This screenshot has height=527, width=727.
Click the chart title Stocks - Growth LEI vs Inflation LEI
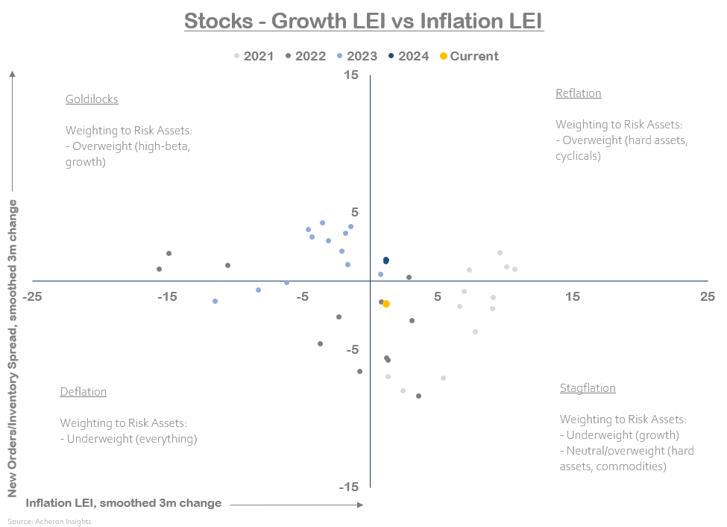[x=364, y=20]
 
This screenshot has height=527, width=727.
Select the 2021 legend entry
[x=254, y=56]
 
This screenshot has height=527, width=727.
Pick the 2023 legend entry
[x=357, y=56]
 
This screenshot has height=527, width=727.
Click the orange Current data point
[x=386, y=304]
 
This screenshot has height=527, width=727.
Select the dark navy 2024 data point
[x=386, y=261]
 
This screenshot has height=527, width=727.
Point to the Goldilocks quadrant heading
[x=92, y=99]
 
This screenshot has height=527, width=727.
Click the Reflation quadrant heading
[x=578, y=93]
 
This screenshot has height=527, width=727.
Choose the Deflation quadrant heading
[x=83, y=392]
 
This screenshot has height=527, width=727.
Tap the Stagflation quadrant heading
[x=588, y=388]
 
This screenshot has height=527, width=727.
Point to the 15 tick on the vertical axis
[x=351, y=75]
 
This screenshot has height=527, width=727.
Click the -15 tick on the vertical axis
[x=348, y=487]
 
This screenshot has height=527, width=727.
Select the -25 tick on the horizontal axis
[x=32, y=296]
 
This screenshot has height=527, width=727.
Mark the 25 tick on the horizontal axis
[x=708, y=296]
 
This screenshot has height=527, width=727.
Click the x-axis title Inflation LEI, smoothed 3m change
[x=124, y=503]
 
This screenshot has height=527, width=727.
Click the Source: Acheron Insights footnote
[x=49, y=522]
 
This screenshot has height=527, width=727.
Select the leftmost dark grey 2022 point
[x=159, y=269]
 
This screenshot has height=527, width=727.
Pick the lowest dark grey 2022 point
[x=418, y=396]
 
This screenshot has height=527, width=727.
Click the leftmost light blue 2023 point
[x=215, y=301]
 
